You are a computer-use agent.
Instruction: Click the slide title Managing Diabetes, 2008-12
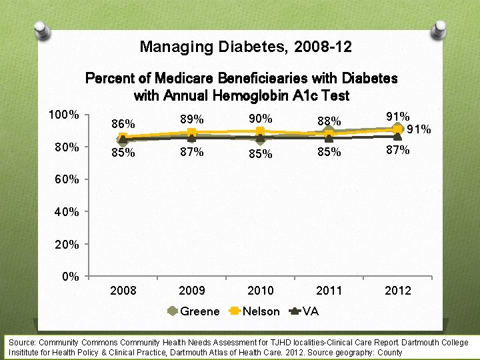point(245,47)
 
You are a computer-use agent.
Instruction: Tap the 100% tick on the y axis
point(64,115)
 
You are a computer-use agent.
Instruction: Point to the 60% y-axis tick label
point(67,179)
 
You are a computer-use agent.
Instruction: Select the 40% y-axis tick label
point(67,212)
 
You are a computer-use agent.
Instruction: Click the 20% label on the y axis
point(67,245)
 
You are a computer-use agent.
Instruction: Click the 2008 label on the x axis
point(123,291)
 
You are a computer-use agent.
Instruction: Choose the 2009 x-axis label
point(192,291)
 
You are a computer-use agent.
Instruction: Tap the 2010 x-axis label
point(261,291)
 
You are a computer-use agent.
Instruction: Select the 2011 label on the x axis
point(329,291)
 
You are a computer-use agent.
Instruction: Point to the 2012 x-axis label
point(398,291)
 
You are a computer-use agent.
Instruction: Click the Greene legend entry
point(199,311)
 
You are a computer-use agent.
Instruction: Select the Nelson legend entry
point(260,311)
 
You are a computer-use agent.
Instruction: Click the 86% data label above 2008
point(123,124)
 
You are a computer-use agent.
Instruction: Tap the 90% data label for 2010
point(261,119)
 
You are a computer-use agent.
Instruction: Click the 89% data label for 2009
point(192,119)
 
